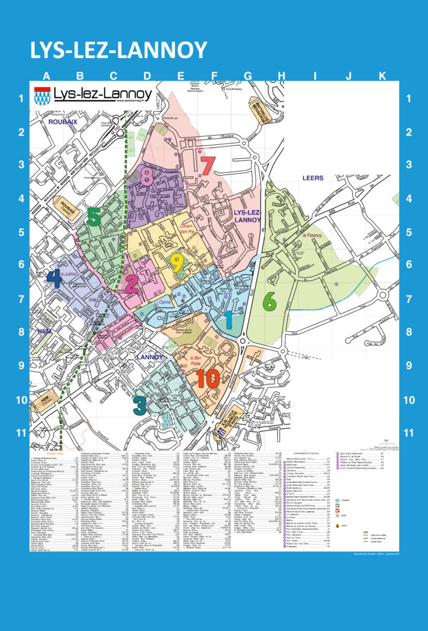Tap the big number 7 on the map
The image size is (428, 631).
(208, 166)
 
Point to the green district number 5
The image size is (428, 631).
(94, 217)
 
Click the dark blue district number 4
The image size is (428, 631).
(54, 279)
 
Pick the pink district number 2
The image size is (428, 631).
(131, 284)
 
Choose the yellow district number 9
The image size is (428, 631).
(177, 263)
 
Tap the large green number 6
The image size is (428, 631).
(269, 301)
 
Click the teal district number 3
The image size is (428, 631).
(140, 405)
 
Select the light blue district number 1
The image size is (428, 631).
(227, 319)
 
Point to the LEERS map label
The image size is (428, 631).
(313, 178)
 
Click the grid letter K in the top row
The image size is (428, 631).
(382, 76)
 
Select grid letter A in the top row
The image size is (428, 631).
(46, 76)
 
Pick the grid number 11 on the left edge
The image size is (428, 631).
(22, 433)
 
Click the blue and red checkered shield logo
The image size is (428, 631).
(42, 95)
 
